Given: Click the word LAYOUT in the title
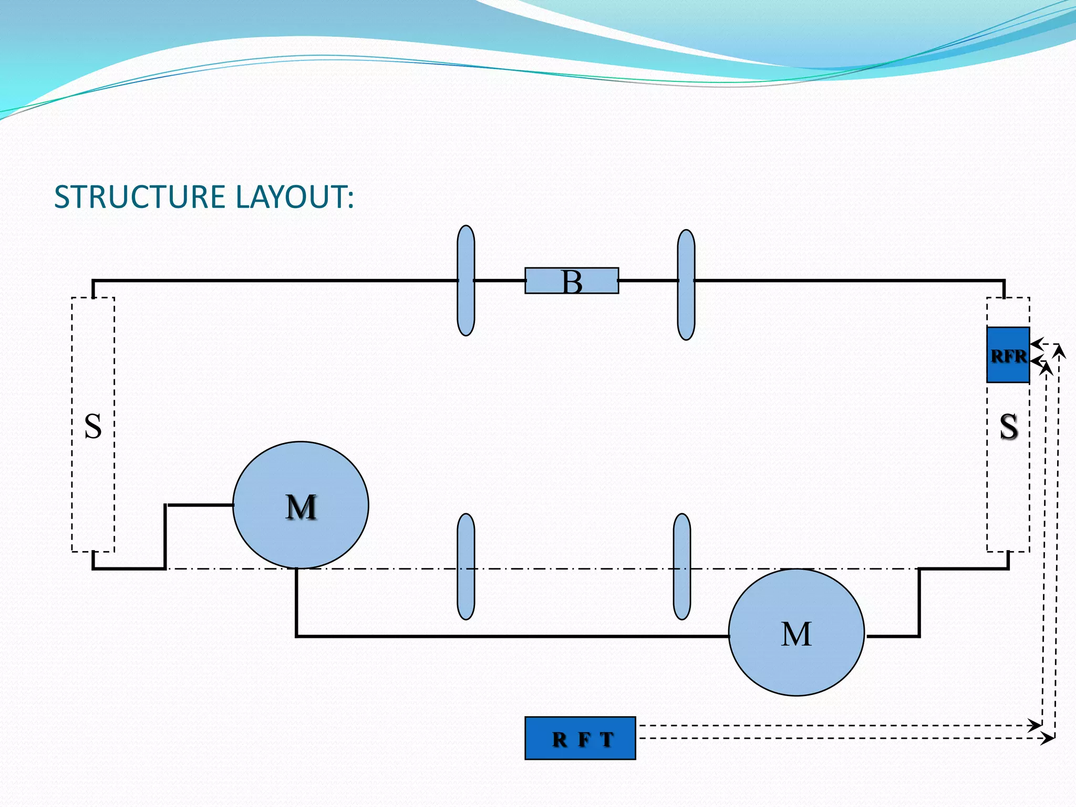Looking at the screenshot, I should tap(294, 197).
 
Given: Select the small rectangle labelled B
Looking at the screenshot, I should tap(572, 281).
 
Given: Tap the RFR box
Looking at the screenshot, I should tap(1008, 355).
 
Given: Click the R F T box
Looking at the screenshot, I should tap(580, 738).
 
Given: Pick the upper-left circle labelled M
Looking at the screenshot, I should tap(301, 505).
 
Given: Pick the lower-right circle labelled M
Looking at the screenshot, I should tap(796, 633).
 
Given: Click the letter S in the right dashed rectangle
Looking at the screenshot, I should tap(1008, 426).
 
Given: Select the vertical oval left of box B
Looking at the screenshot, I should tap(465, 281).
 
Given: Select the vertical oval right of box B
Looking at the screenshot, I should tap(686, 285).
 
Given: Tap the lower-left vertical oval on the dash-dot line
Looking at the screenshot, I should tap(465, 566).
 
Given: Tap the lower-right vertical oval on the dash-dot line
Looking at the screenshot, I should tap(681, 566).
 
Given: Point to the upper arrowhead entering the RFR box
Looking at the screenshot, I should tap(1036, 345).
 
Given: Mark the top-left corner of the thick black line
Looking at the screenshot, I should tap(94, 281).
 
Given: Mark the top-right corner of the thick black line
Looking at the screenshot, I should tap(1004, 281).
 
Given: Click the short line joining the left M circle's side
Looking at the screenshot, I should tap(200, 505).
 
